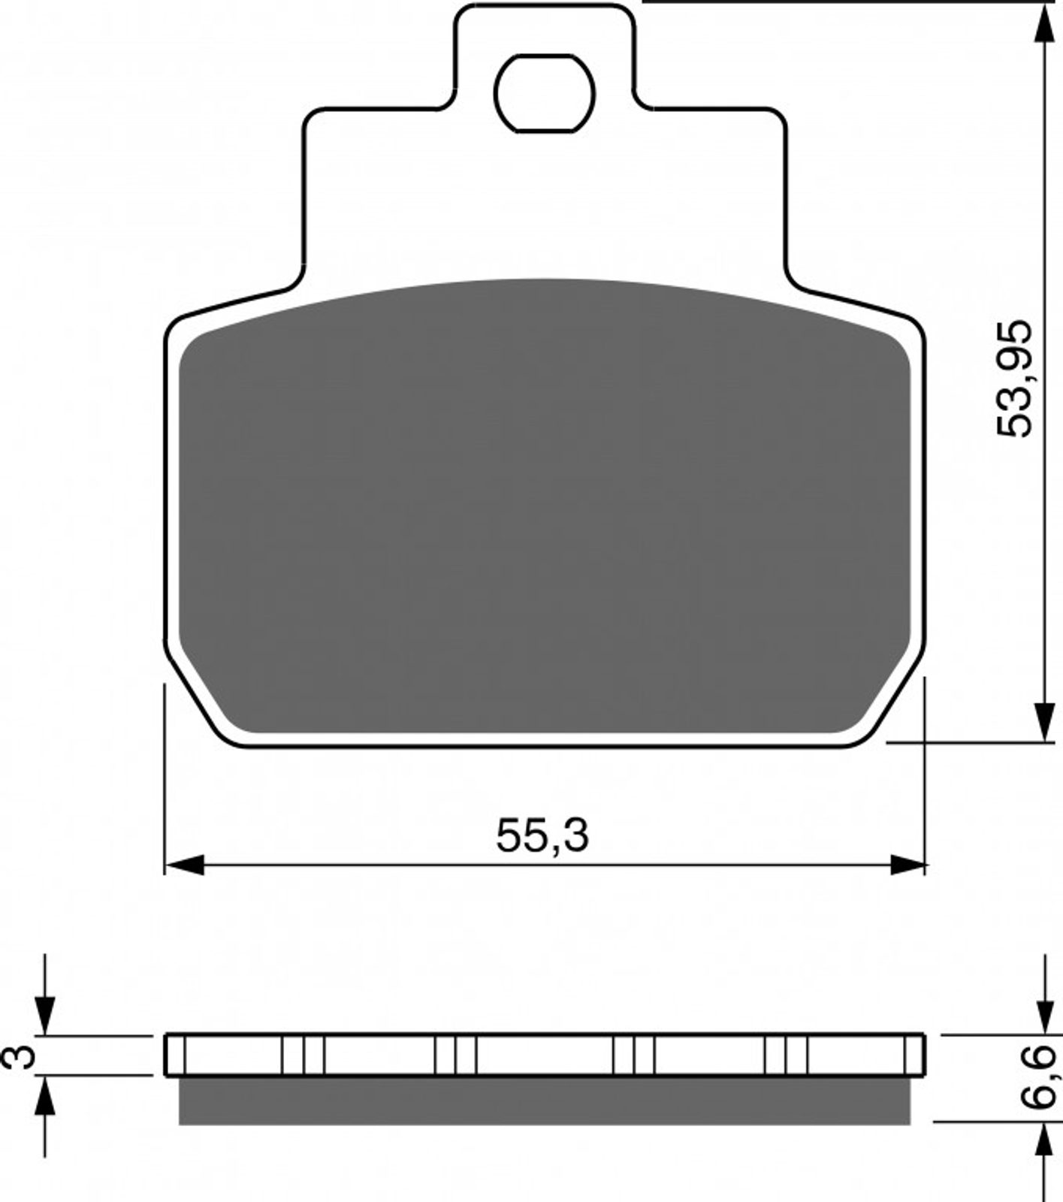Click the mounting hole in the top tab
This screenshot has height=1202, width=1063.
[x=545, y=93]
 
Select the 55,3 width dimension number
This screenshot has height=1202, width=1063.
[x=542, y=835]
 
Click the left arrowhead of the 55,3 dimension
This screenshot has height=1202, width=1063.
[x=184, y=865]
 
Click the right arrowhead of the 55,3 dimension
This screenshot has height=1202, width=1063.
[x=907, y=865]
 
